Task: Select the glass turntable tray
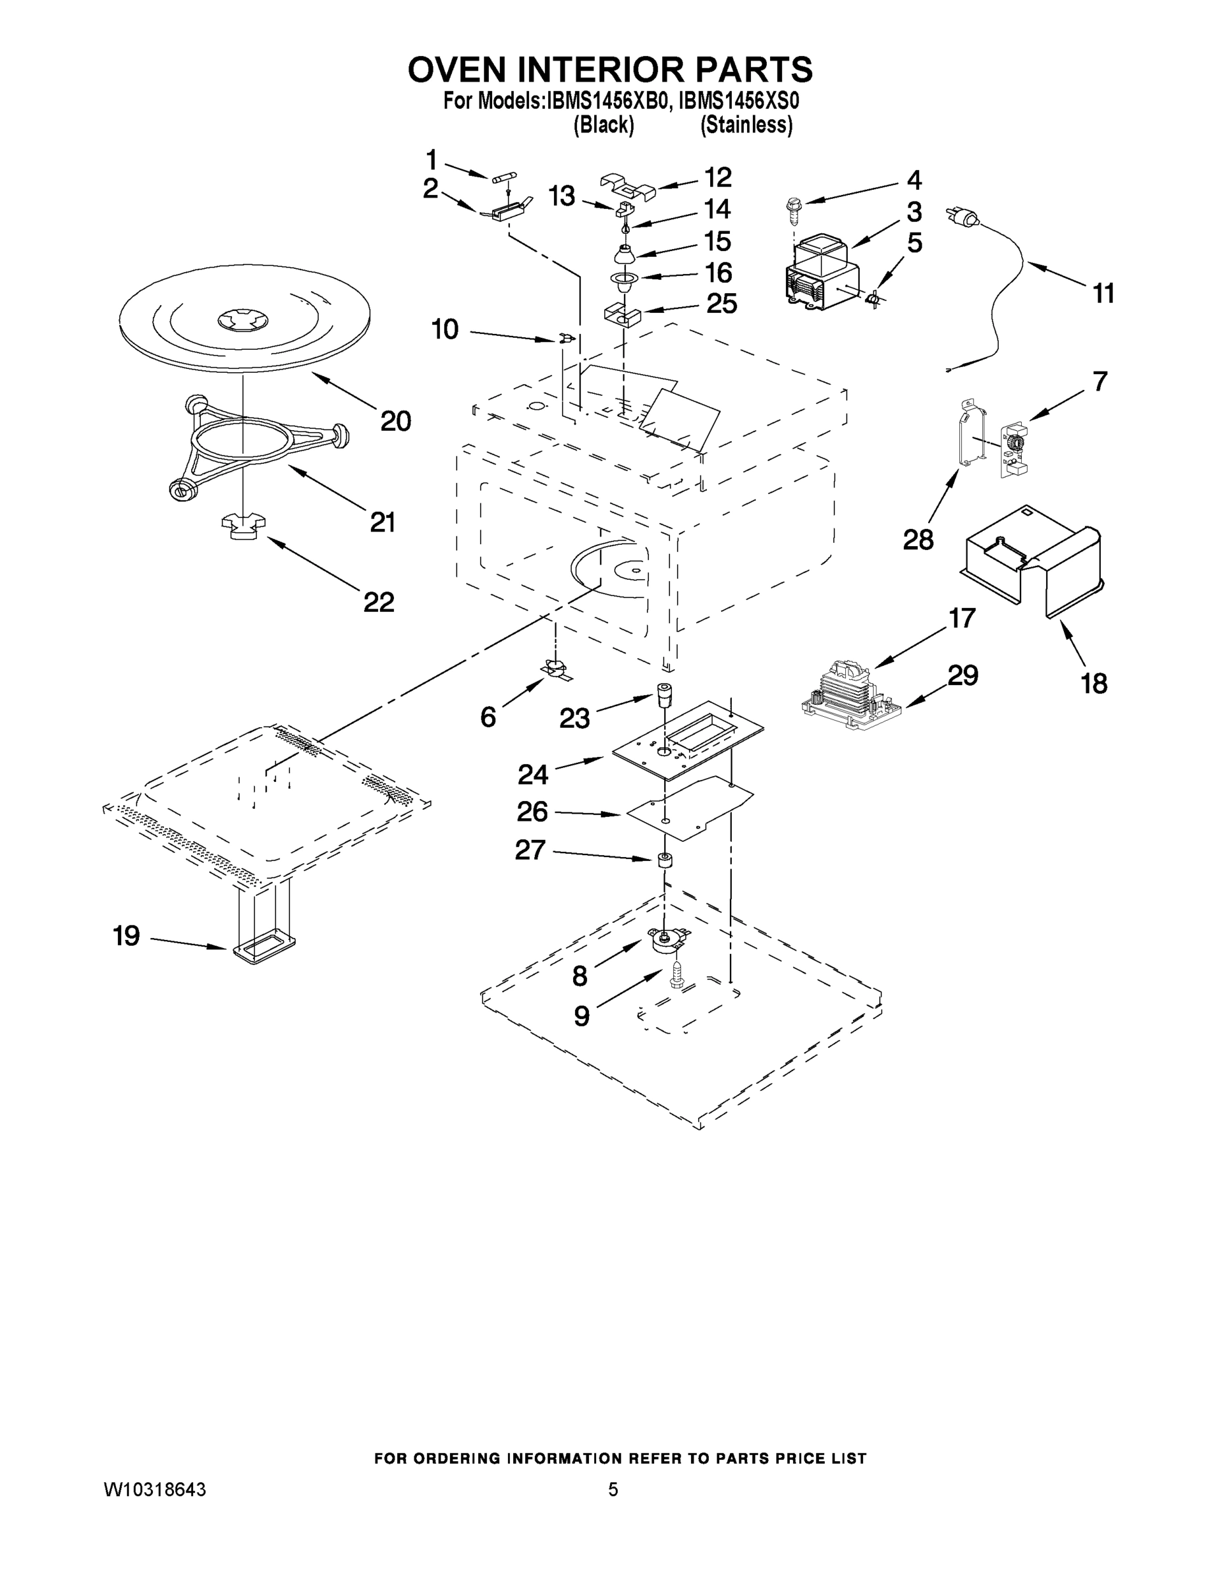[x=244, y=312]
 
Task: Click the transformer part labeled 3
[x=821, y=271]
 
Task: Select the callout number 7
[x=1099, y=381]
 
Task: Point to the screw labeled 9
[x=677, y=975]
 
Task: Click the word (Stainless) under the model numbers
[x=746, y=125]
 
